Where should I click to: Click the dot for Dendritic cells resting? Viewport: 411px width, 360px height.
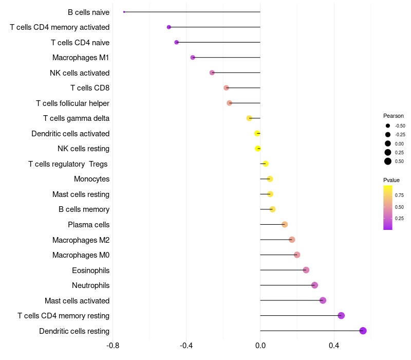click(x=363, y=331)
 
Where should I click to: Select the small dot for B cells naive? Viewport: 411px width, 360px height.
click(x=124, y=12)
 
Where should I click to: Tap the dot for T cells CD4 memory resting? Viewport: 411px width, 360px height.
click(x=341, y=316)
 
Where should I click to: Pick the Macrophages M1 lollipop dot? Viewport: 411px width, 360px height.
click(x=193, y=58)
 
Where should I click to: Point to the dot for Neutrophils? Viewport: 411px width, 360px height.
click(x=315, y=285)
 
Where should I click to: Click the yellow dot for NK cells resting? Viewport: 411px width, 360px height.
click(x=258, y=149)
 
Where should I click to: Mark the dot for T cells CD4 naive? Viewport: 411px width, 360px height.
click(x=177, y=42)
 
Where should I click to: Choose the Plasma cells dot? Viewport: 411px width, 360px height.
click(x=285, y=225)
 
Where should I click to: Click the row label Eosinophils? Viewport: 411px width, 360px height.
click(x=90, y=271)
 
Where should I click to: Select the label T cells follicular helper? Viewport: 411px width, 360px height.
click(x=72, y=103)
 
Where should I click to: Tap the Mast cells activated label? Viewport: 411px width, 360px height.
click(x=77, y=301)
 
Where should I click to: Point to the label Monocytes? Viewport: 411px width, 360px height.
click(x=91, y=179)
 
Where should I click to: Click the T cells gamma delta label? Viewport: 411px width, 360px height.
click(x=76, y=118)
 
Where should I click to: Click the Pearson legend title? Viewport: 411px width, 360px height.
click(x=394, y=116)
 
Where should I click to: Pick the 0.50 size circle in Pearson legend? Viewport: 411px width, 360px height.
click(x=388, y=161)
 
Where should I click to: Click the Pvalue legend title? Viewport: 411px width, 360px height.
click(x=391, y=180)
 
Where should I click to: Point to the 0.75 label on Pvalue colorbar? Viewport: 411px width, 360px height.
click(x=399, y=195)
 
